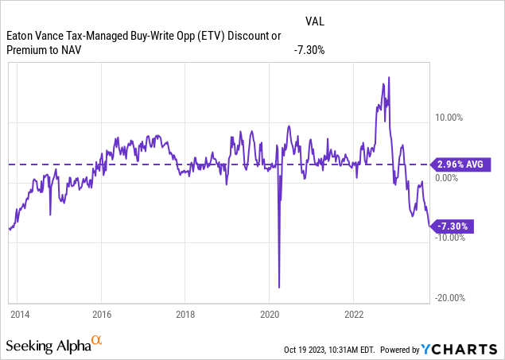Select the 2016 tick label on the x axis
tap(101, 313)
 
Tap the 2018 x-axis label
tap(185, 313)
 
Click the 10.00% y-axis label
tap(447, 118)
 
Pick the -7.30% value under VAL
tap(309, 50)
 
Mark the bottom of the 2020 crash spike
tap(279, 287)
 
